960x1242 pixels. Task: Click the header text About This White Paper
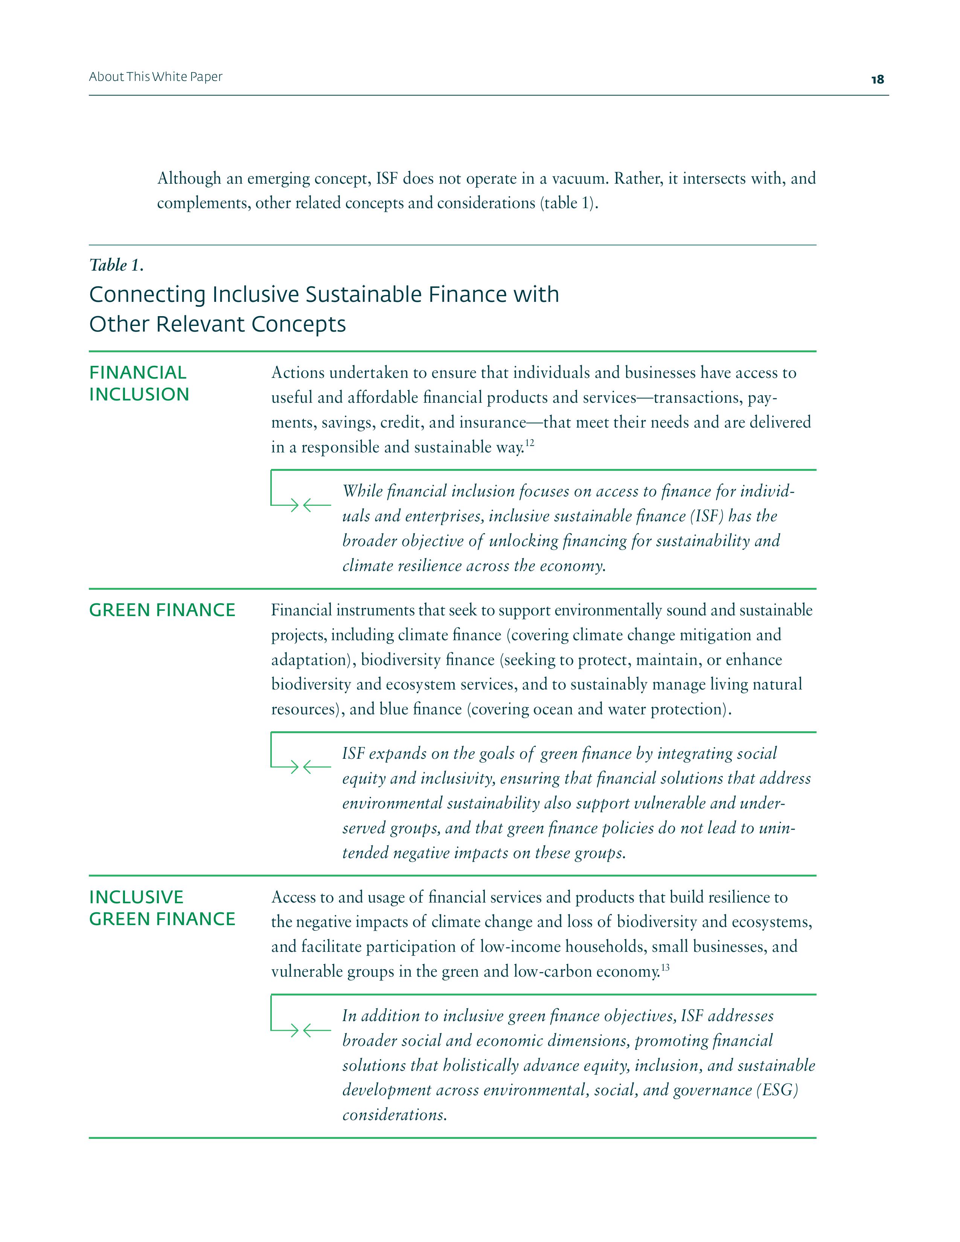[x=155, y=77]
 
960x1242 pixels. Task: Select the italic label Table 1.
[x=116, y=265]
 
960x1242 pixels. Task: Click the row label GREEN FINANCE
[x=162, y=610]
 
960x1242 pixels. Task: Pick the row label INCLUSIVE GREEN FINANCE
[x=162, y=908]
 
